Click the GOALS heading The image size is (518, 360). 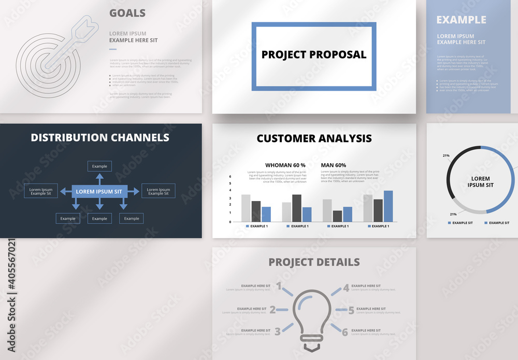127,13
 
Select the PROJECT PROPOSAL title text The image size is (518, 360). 313,54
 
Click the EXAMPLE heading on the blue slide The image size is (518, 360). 461,20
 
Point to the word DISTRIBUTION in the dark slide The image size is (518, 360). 68,137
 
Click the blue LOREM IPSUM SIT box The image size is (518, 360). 99,191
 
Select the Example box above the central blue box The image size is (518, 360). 99,166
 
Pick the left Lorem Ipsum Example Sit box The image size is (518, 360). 41,191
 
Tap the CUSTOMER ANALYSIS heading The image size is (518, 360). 314,138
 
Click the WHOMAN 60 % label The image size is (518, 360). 285,165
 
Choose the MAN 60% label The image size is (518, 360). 333,165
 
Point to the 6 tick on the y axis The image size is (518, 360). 230,177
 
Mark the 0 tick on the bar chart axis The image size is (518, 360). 230,222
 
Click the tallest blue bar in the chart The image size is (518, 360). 388,206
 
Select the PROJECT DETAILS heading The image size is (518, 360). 314,262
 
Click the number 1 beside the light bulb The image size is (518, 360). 279,286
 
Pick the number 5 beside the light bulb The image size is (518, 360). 351,310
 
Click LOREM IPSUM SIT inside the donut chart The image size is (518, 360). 480,182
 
